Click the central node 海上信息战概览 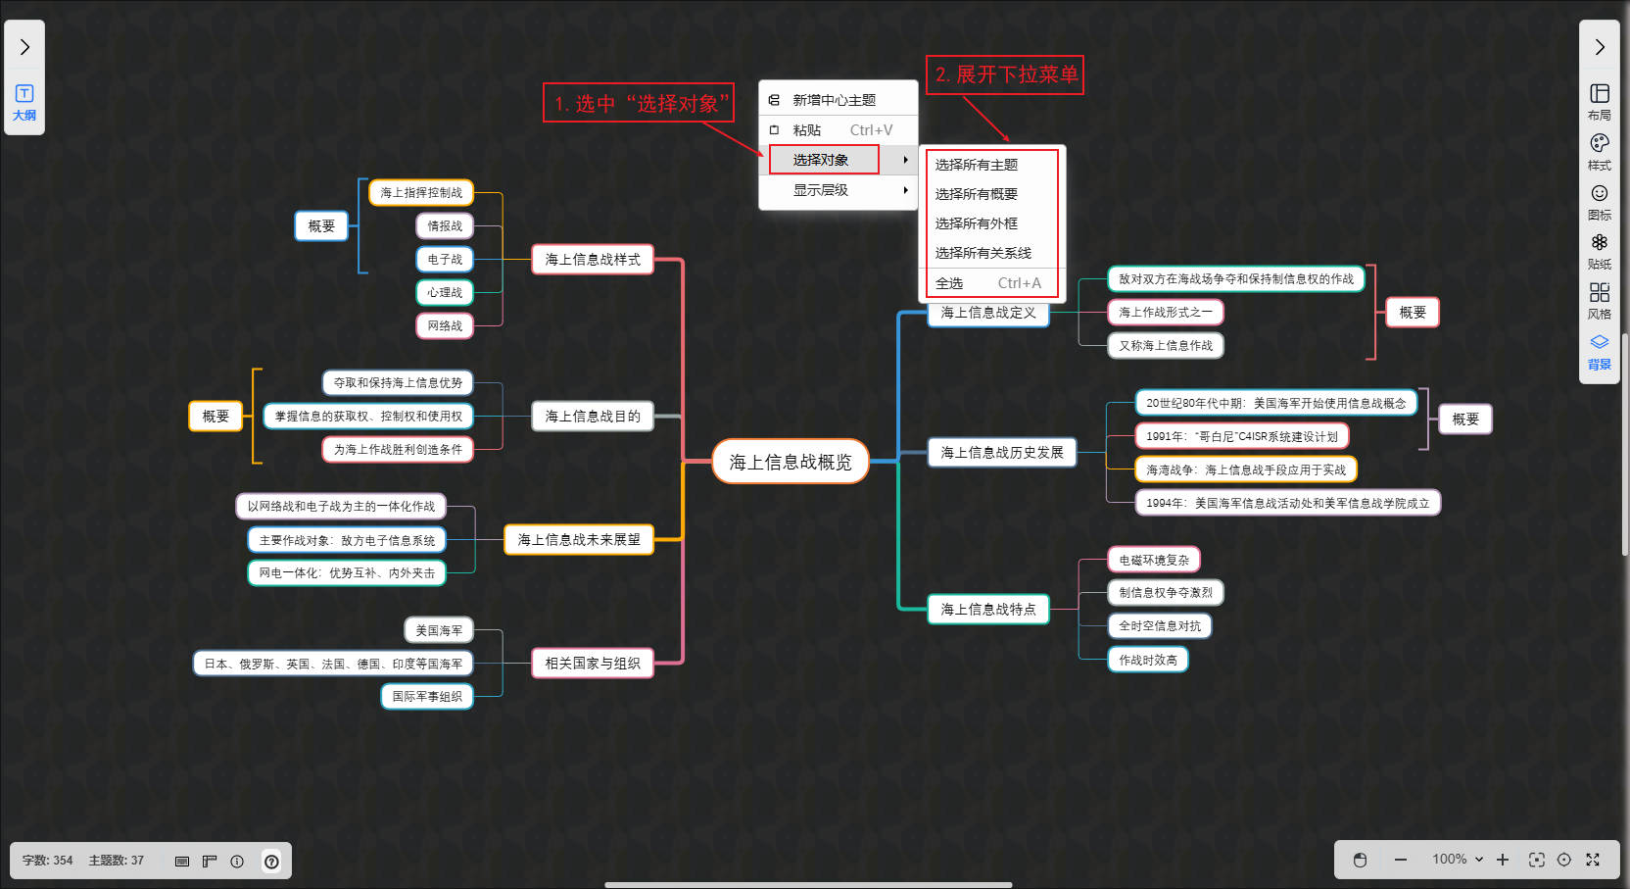tap(791, 462)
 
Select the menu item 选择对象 tap(821, 160)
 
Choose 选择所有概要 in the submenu tap(977, 194)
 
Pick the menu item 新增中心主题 tap(834, 100)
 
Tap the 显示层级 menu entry tap(821, 190)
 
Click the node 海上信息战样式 tap(593, 260)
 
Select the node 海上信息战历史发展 tap(1002, 453)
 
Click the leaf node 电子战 tap(445, 260)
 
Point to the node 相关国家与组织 tap(593, 664)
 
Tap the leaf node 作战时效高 tap(1148, 660)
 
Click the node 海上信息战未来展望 tap(579, 540)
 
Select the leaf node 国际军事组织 tap(427, 697)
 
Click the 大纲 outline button tap(24, 102)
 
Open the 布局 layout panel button tap(1600, 101)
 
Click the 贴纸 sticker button tap(1600, 251)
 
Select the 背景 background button tap(1600, 351)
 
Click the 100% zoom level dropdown tap(1458, 860)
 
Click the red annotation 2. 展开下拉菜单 tap(1005, 74)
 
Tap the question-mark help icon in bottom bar tap(271, 862)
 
